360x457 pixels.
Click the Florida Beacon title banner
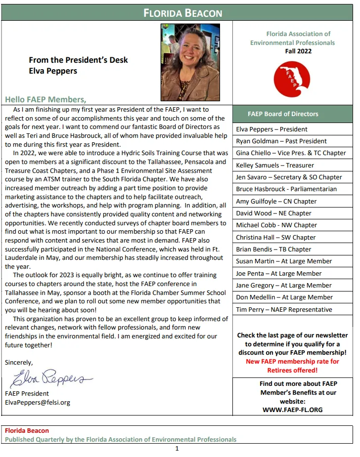pos(182,13)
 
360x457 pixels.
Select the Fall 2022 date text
pos(298,51)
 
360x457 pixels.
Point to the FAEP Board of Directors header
pos(283,114)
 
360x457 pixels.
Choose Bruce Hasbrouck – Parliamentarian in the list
pos(286,189)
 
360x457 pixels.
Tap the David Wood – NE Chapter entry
pos(273,213)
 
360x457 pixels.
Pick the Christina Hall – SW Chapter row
pos(275,237)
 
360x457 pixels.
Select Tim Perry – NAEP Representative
pos(284,310)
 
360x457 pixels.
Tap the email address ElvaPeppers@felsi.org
pos(38,403)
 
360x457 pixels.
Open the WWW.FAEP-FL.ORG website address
pos(292,410)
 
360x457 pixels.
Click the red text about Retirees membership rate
pos(292,366)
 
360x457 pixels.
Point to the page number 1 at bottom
pos(177,449)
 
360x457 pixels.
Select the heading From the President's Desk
pos(78,60)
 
